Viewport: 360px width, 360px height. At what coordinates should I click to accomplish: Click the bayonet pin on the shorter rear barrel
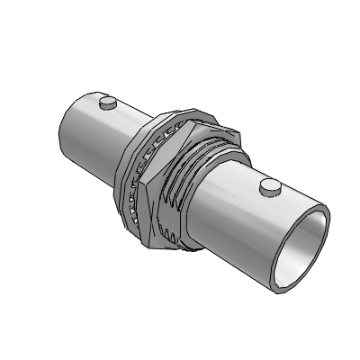pos(109,103)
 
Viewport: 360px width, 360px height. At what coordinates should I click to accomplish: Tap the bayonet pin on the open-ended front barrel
pos(267,186)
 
